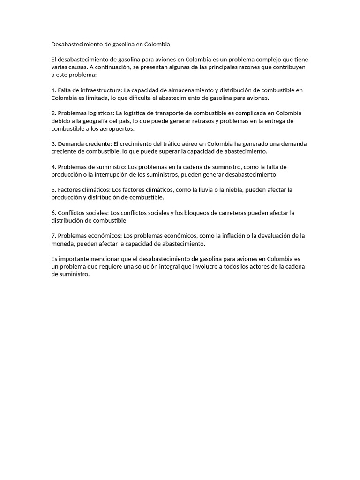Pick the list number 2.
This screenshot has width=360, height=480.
click(x=53, y=113)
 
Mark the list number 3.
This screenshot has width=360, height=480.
click(x=53, y=144)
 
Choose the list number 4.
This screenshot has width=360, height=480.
click(x=53, y=167)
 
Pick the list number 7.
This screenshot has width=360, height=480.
click(x=53, y=236)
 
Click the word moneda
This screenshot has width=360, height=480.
click(x=63, y=243)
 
